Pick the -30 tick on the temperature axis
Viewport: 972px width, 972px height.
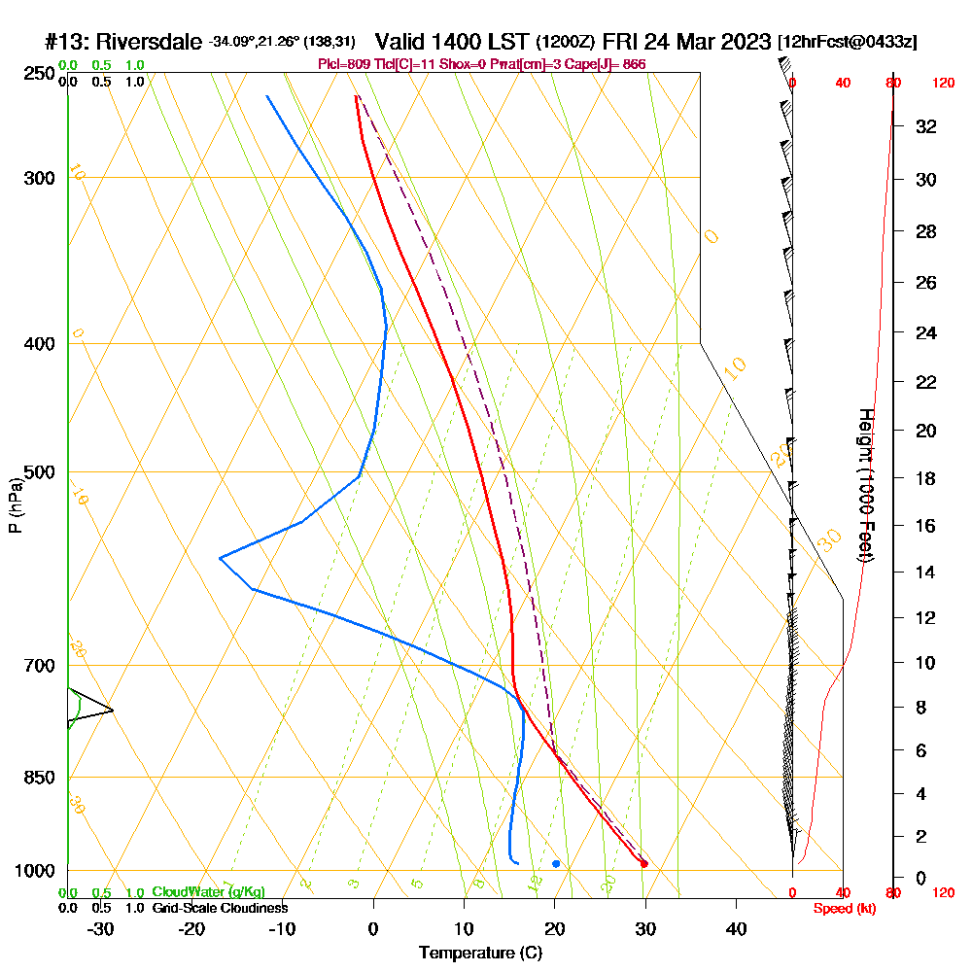[x=100, y=928]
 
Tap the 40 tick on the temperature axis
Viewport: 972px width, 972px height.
[x=736, y=928]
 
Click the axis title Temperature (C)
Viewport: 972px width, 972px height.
[x=480, y=954]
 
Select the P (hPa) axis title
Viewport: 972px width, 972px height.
[x=15, y=504]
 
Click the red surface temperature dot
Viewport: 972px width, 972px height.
[x=643, y=863]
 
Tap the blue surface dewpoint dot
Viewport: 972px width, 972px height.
[x=556, y=863]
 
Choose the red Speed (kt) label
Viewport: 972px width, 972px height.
[x=842, y=909]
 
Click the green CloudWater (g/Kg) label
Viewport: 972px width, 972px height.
[x=208, y=892]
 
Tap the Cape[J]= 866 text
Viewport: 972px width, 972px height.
[x=612, y=64]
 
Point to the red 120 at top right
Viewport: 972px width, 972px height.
[x=943, y=83]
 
